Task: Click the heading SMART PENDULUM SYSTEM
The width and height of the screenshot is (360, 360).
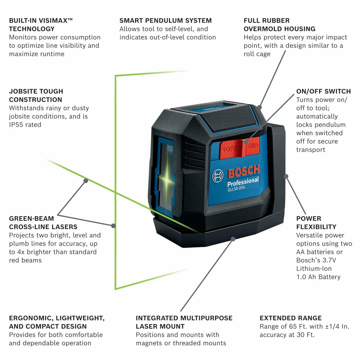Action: [165, 21]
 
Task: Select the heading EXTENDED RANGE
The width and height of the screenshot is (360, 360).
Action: [290, 318]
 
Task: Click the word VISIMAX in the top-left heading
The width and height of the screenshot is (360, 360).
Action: [51, 21]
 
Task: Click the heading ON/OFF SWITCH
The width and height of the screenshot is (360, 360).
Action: [323, 91]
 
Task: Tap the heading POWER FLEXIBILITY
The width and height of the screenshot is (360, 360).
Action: [316, 223]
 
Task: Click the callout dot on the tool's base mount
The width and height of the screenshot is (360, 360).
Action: [233, 238]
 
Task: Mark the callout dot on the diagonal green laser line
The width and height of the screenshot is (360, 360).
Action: [86, 181]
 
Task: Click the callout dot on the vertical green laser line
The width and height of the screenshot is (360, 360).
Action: [113, 226]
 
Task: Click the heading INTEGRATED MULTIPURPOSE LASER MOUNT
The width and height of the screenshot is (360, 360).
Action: [184, 322]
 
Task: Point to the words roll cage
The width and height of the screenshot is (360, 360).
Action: [257, 54]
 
